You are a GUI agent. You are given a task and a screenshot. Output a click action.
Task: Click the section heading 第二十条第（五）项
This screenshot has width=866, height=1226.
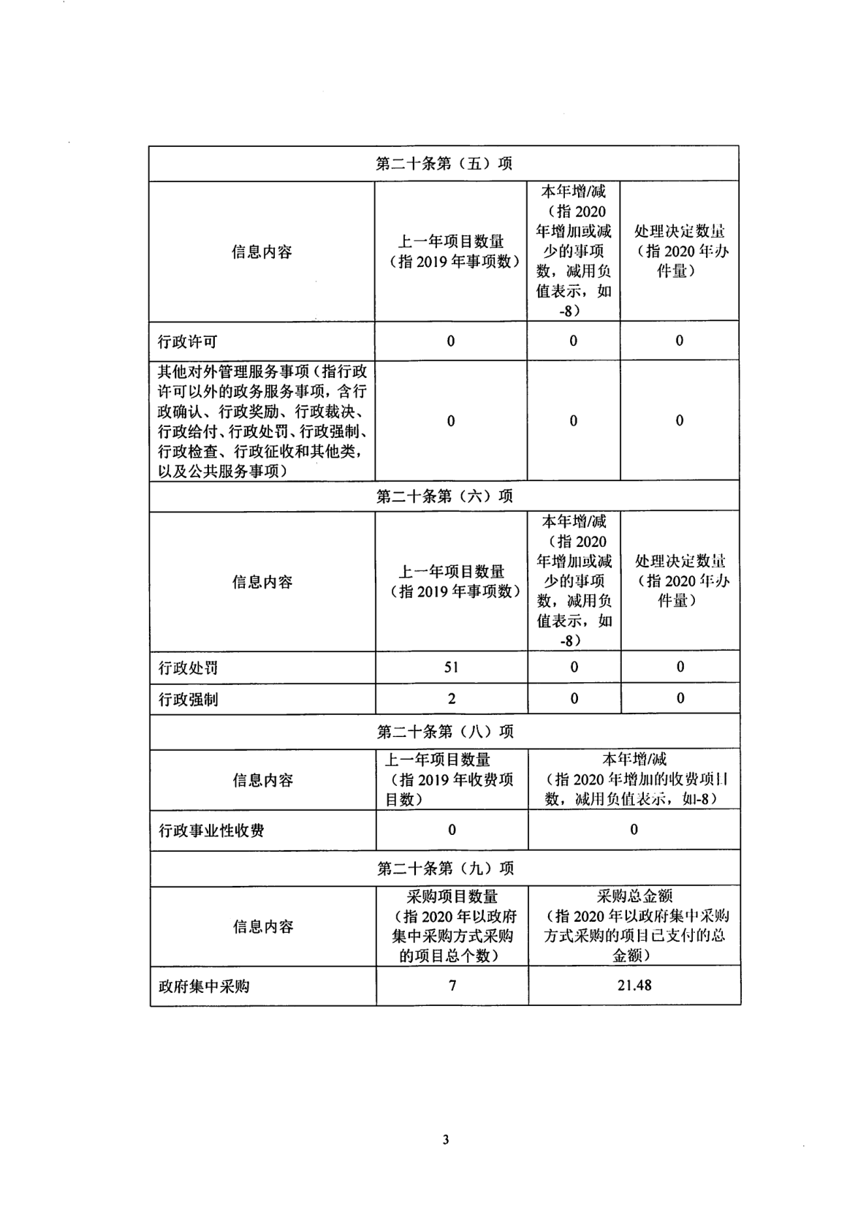(x=444, y=163)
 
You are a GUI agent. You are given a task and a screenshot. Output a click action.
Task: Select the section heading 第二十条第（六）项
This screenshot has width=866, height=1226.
(x=444, y=496)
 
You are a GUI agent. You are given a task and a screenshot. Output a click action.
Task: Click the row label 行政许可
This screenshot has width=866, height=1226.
(x=188, y=341)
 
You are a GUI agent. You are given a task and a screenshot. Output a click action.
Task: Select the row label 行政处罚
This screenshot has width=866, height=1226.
(x=189, y=667)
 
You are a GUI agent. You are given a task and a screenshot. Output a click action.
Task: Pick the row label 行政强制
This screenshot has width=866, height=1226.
(x=189, y=700)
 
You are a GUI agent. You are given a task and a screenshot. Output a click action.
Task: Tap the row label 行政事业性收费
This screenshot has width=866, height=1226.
(x=212, y=830)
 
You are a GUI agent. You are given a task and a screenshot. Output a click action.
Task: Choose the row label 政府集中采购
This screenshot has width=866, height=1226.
(x=204, y=986)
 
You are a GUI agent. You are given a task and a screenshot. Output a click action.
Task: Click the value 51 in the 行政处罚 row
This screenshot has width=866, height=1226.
(x=451, y=667)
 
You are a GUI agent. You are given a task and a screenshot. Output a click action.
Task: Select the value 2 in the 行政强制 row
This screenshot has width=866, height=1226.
(x=452, y=699)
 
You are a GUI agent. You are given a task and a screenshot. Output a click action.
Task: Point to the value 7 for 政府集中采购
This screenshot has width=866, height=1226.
(x=452, y=985)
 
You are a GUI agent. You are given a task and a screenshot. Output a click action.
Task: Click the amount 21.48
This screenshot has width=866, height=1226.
(x=634, y=985)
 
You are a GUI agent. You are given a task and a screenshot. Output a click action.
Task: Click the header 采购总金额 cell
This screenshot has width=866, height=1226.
(x=634, y=926)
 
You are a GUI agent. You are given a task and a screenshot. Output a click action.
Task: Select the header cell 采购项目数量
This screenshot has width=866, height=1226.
(x=452, y=926)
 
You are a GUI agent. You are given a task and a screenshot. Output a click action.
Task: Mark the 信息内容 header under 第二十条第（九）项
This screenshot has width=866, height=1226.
(x=263, y=926)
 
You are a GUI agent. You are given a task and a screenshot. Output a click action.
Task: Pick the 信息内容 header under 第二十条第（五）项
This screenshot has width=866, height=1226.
(x=262, y=252)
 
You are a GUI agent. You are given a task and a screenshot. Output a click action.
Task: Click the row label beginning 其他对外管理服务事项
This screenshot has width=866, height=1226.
(x=262, y=421)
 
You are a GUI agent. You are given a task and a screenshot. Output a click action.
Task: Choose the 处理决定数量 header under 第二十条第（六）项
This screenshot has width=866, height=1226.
(x=680, y=580)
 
